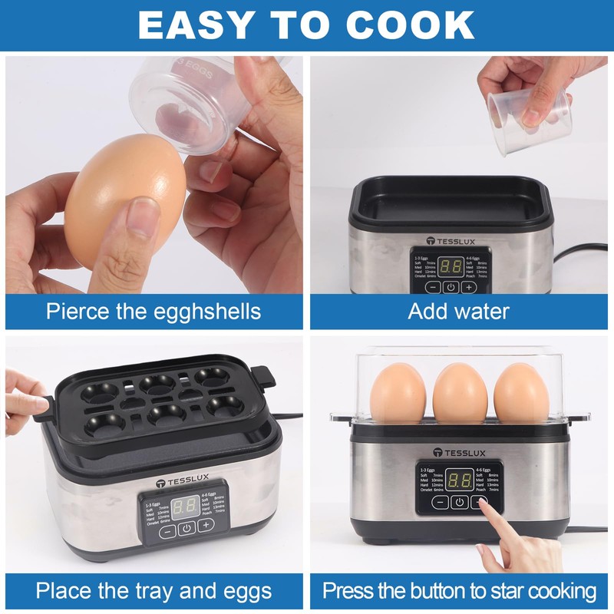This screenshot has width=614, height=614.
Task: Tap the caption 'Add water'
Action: click(459, 311)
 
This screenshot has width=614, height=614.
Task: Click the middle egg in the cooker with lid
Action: click(460, 393)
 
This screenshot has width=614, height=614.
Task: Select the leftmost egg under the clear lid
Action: click(398, 393)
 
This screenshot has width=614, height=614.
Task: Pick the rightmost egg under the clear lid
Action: click(521, 393)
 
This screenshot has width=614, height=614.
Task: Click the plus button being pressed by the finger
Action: click(481, 502)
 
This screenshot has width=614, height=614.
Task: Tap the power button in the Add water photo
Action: click(451, 287)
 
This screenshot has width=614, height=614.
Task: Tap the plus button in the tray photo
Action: click(206, 526)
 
